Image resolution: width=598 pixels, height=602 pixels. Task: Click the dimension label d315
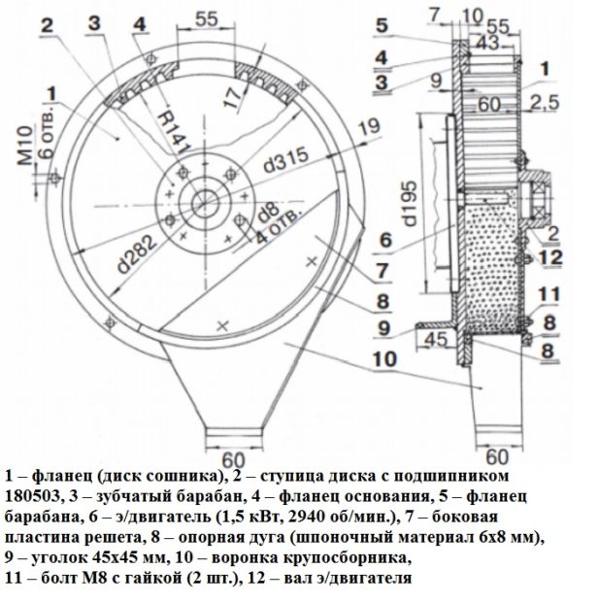point(286,160)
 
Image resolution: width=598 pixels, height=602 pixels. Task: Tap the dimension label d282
point(137,254)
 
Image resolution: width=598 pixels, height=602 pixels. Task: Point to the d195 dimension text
point(410,204)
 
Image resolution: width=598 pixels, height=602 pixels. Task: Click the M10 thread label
point(25,146)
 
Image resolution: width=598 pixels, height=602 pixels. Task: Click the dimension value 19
point(370,128)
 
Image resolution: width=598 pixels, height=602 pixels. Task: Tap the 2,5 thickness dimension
point(545,103)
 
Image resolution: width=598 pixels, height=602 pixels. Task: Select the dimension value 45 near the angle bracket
point(437,340)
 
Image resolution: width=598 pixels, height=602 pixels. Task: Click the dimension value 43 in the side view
point(487,42)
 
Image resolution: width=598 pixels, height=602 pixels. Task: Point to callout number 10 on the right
point(385,359)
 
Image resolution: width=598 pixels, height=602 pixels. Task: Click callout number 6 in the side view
point(385,241)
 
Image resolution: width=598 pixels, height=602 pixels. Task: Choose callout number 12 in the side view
point(550,257)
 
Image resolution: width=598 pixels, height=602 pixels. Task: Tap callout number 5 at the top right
point(382,25)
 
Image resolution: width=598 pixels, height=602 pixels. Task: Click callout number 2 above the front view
point(47,25)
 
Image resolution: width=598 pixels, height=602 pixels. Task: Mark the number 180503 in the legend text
point(32,497)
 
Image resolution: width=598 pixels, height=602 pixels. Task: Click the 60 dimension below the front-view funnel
point(233,459)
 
